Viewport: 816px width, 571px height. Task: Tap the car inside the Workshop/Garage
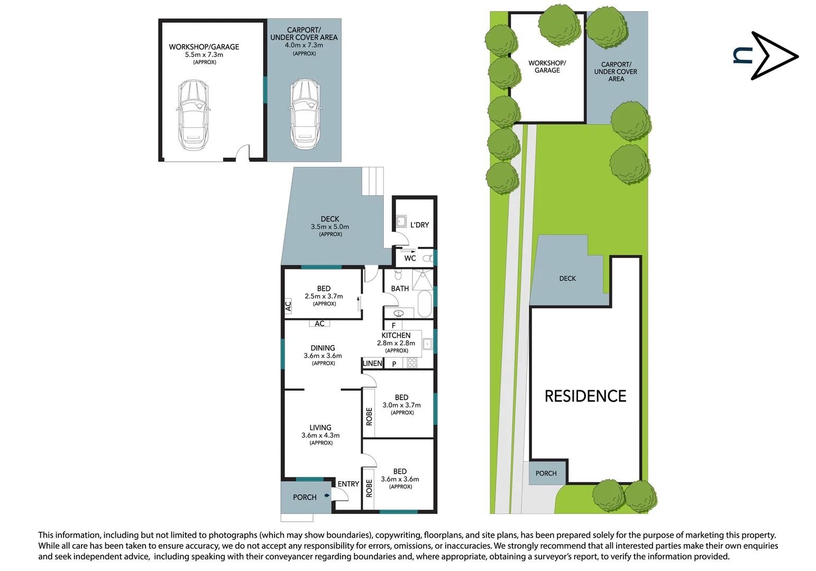(x=194, y=115)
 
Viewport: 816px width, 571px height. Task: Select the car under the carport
(x=305, y=114)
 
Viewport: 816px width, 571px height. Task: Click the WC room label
(x=410, y=258)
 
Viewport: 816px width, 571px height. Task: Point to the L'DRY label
(x=420, y=225)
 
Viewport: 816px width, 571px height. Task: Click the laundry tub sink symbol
(x=401, y=221)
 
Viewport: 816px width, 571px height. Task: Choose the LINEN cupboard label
(x=372, y=363)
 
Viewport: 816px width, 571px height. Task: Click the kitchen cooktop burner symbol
(x=412, y=363)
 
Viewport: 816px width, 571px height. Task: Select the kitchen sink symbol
(x=427, y=344)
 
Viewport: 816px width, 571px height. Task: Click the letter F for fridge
(x=393, y=326)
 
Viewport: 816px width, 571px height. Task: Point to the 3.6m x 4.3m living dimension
(x=320, y=435)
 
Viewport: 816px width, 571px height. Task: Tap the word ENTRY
(x=349, y=484)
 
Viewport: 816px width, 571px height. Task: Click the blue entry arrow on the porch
(x=327, y=495)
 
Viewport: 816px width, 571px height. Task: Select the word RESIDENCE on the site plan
(x=585, y=396)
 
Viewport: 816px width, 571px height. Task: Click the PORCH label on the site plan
(x=546, y=473)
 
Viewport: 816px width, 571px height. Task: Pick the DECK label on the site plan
(x=567, y=279)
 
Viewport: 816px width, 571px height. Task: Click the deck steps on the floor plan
(x=373, y=181)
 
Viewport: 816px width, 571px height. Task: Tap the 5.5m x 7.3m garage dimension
(x=204, y=54)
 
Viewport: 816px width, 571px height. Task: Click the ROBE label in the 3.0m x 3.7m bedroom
(x=369, y=417)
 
